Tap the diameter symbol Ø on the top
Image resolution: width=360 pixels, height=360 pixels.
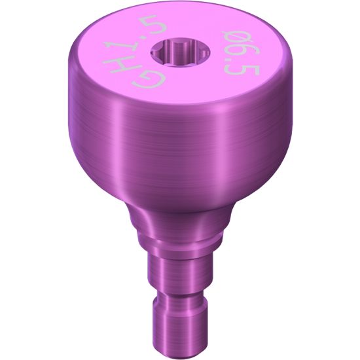tap(236, 38)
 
